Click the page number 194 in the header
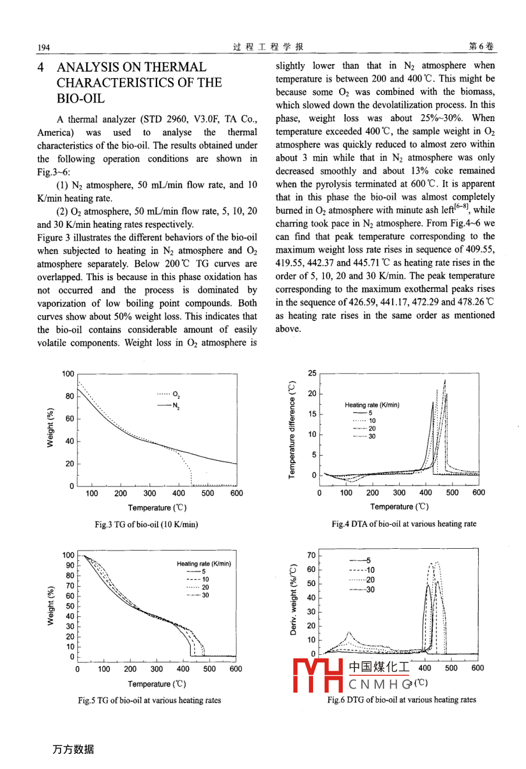click(44, 47)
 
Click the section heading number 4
click(41, 68)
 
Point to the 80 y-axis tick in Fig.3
click(69, 396)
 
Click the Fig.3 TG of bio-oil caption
click(146, 524)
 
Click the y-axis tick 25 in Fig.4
click(312, 373)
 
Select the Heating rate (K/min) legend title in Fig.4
click(372, 405)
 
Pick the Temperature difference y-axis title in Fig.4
click(292, 429)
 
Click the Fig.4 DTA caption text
click(404, 524)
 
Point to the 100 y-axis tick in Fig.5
click(68, 555)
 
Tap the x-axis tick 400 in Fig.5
click(183, 669)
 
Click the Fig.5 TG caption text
click(150, 700)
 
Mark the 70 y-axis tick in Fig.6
click(311, 555)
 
